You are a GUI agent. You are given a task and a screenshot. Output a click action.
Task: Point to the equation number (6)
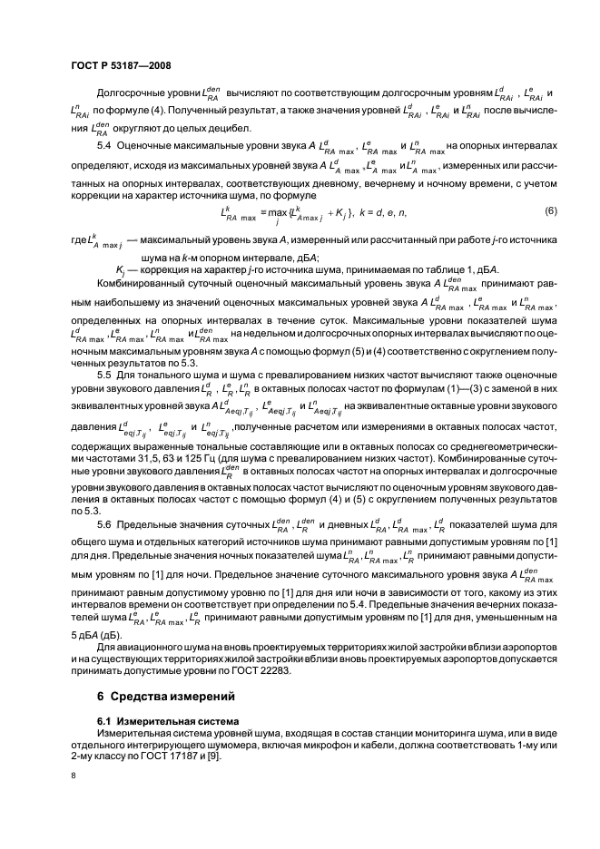tap(549, 211)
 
